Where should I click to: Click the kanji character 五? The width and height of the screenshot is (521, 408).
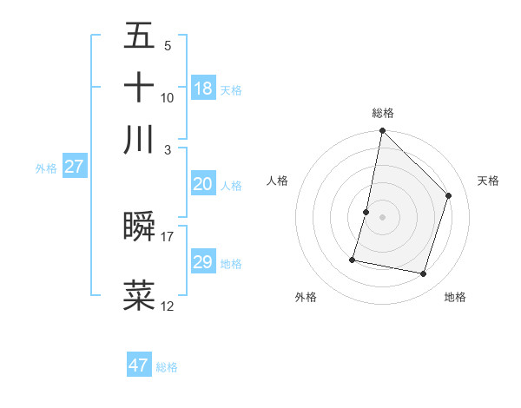click(139, 36)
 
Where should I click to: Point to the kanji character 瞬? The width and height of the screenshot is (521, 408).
click(139, 227)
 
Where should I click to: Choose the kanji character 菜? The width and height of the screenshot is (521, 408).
click(139, 294)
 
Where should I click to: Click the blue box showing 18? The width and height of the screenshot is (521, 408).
click(203, 88)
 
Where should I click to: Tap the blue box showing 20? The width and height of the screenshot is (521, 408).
click(202, 184)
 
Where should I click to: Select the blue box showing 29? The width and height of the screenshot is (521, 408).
click(202, 262)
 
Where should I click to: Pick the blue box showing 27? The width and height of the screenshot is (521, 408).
click(74, 167)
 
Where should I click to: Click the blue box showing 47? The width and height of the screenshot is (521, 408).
click(138, 365)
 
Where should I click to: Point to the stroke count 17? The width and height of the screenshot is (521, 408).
click(168, 236)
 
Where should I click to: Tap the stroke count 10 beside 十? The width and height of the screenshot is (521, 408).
click(168, 97)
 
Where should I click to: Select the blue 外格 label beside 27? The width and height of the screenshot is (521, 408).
click(46, 168)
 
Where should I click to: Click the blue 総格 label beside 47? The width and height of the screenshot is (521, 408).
click(167, 367)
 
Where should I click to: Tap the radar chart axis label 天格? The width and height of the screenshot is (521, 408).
click(488, 181)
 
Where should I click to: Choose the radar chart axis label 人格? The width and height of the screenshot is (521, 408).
click(277, 181)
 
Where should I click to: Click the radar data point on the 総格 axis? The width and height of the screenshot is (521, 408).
click(382, 131)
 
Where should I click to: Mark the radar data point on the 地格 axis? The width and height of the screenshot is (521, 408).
click(423, 274)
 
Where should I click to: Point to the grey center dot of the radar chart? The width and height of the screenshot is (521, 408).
click(382, 217)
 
